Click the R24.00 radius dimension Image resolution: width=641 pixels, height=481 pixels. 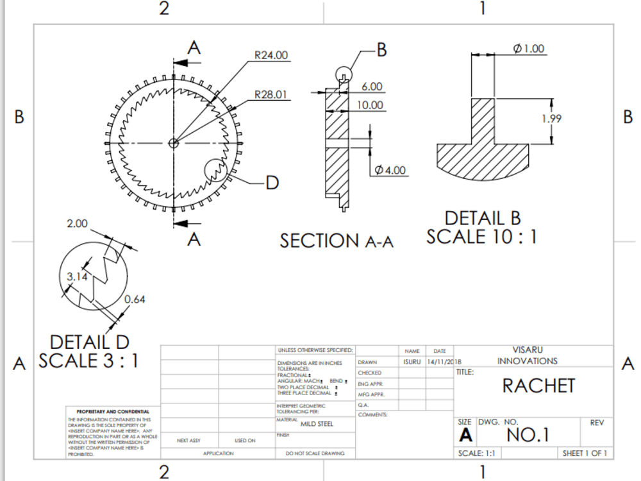pos(271,55)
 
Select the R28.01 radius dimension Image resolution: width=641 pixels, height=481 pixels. pos(271,95)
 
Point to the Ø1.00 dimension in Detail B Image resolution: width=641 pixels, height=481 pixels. pos(529,49)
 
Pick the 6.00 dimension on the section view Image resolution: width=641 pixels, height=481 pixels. pos(372,87)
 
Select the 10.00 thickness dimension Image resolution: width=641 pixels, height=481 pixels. pos(370,105)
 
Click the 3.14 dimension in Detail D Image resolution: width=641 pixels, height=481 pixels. pos(78,276)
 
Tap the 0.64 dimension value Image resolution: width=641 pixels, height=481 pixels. pos(135,299)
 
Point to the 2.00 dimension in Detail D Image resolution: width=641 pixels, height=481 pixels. pos(77,224)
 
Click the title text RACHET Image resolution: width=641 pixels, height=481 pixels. pos(538,385)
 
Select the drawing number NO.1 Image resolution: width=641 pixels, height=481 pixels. pos(528,435)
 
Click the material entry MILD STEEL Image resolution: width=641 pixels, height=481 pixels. pos(317,424)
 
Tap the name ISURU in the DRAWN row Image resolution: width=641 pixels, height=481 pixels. pos(412,362)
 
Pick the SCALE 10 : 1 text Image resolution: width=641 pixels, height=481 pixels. pos(481,237)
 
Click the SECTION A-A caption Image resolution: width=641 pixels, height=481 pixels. pos(336,240)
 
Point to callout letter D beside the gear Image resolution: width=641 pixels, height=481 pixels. pos(272,183)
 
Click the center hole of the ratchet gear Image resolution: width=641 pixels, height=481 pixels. pos(173,142)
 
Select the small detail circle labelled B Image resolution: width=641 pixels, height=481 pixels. pos(344,76)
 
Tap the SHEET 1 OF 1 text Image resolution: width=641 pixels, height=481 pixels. pos(584,453)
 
